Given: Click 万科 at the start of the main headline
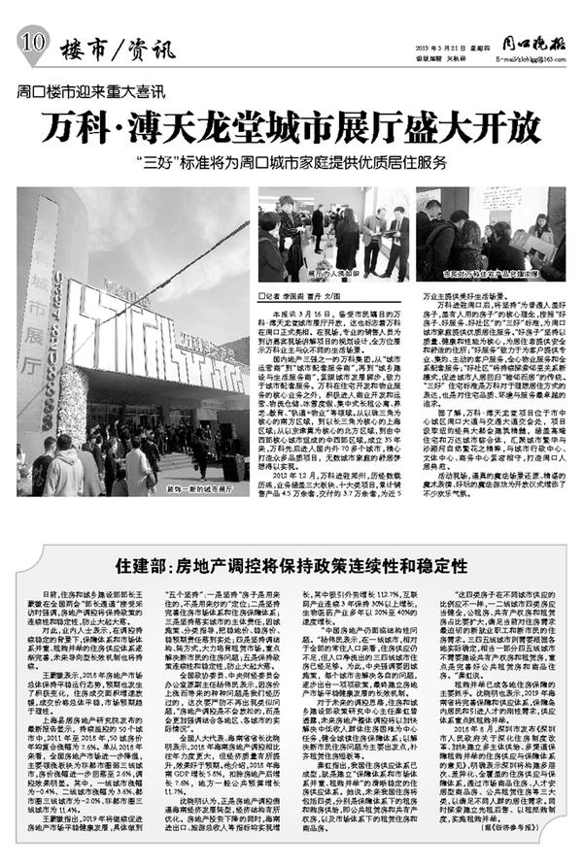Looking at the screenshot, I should click(x=92, y=130).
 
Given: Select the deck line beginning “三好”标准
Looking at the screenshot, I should click(x=291, y=162).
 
